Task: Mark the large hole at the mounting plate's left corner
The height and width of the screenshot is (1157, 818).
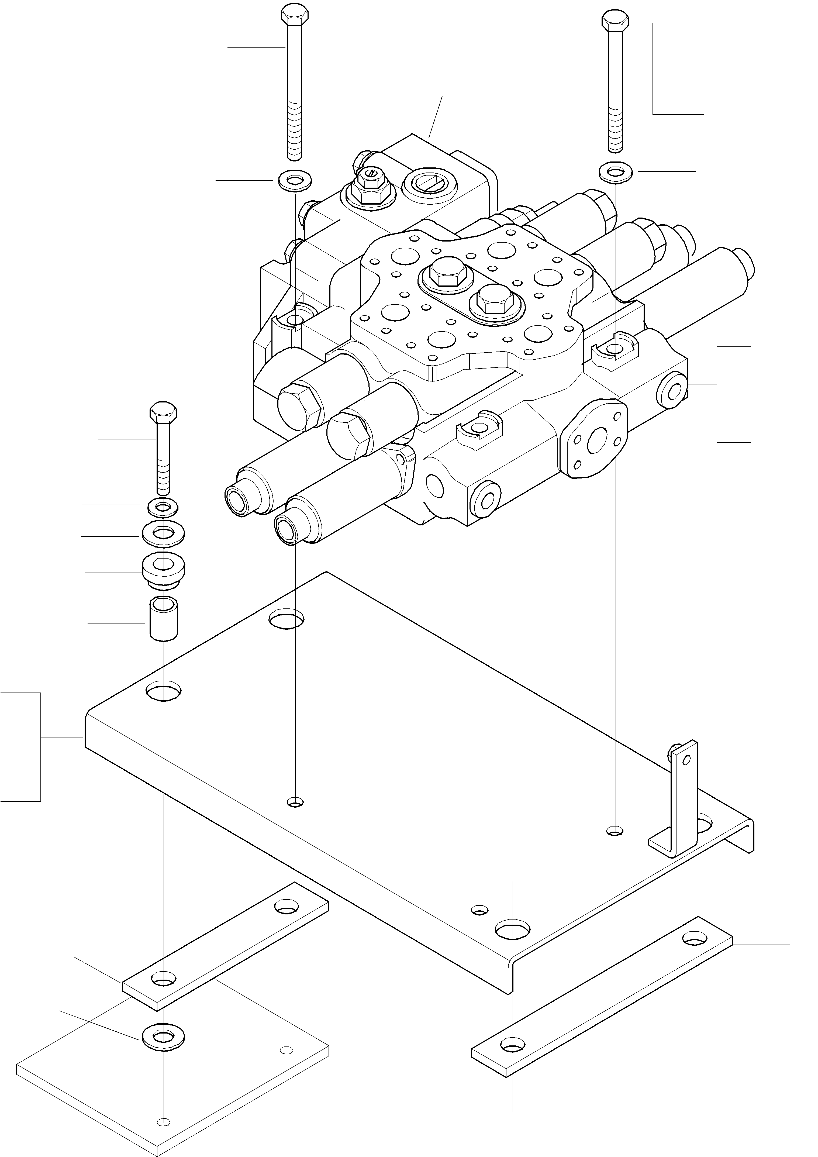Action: click(164, 691)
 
